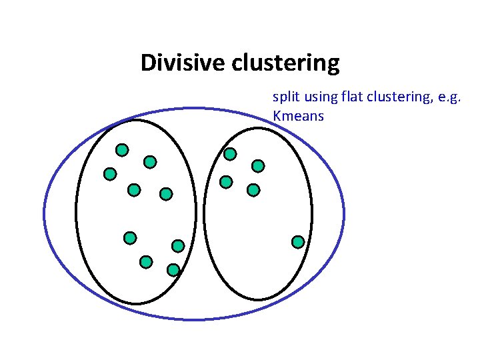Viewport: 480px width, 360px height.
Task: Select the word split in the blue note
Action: (284, 97)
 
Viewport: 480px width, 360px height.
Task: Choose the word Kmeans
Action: (298, 116)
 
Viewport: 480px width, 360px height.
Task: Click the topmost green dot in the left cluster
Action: (122, 149)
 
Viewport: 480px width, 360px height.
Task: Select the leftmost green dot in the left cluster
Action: (110, 174)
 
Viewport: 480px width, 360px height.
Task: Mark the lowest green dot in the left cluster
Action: (173, 270)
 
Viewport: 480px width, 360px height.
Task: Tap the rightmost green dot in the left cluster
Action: (178, 246)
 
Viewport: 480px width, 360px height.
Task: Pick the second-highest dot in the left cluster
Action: (150, 161)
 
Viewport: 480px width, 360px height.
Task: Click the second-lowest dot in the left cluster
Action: (146, 262)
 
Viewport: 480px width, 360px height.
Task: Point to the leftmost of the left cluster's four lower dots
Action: (130, 237)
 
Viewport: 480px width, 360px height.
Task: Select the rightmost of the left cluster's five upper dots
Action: (166, 194)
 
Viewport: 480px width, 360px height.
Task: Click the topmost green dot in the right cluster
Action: (230, 154)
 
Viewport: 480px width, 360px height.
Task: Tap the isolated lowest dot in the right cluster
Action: (298, 241)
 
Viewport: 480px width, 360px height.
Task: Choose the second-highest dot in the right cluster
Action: (258, 165)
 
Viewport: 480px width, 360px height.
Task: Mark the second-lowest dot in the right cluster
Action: (253, 190)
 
